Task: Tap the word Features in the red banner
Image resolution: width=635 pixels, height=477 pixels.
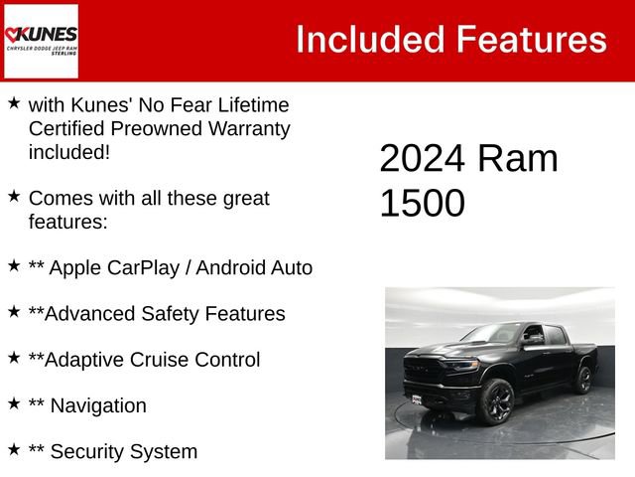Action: (x=531, y=40)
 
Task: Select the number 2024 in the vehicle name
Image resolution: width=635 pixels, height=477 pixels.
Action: (x=422, y=159)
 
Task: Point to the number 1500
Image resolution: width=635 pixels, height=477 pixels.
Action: (x=422, y=203)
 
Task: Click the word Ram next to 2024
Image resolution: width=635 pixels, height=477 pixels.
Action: (x=517, y=159)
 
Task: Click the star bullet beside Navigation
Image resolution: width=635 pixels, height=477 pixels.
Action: (x=14, y=402)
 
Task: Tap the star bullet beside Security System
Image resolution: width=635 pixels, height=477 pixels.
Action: (x=14, y=448)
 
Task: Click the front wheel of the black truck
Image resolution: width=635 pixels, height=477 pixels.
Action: (x=496, y=400)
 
